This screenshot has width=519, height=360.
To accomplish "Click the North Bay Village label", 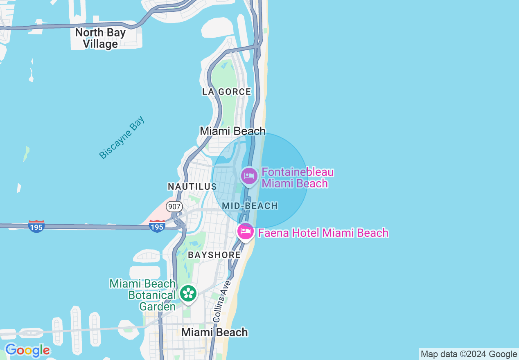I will coord(100,38).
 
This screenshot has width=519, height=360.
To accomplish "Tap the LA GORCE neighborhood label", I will coord(226,92).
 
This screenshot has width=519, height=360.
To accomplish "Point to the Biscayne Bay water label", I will coord(122,138).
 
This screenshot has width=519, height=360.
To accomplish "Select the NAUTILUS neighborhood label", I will coord(192,187).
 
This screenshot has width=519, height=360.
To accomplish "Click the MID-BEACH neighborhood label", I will coord(250,206).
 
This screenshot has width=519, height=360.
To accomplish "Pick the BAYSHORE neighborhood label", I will coord(214,255).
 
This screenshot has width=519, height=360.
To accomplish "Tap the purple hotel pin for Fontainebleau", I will coord(249,176).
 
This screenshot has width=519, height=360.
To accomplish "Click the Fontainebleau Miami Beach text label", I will coord(298,178).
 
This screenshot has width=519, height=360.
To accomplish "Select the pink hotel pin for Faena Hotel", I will coord(246,232).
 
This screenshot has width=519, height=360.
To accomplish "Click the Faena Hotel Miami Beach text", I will coord(323,233).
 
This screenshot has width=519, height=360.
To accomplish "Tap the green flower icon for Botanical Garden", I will coord(188,293).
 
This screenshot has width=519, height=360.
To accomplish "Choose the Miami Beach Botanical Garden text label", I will coord(143,295).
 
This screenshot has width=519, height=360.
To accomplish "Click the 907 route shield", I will coord(174,207).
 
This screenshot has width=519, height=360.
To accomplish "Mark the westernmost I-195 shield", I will coord(36,226).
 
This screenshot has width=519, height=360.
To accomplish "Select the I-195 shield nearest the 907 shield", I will coord(157,226).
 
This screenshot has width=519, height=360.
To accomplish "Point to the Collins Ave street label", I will coord(220,301).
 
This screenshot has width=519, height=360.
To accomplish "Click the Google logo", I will coord(27,350).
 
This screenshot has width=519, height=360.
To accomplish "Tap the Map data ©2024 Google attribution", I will coord(469,354).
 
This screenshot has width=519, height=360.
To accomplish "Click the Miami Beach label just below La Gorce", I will coord(232,131).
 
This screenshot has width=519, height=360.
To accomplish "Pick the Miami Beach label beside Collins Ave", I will coord(214,332).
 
